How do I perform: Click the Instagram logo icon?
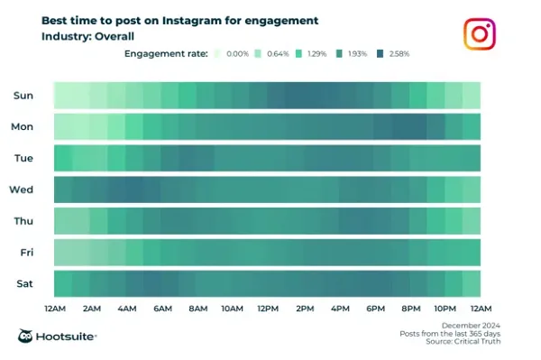pyautogui.click(x=480, y=33)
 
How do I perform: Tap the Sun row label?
pyautogui.click(x=24, y=96)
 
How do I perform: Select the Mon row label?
pyautogui.click(x=23, y=127)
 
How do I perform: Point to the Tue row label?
pyautogui.click(x=24, y=159)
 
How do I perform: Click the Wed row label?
pyautogui.click(x=23, y=189)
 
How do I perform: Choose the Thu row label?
pyautogui.click(x=24, y=221)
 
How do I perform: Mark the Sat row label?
pyautogui.click(x=25, y=283)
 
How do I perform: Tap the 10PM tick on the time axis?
pyautogui.click(x=444, y=309)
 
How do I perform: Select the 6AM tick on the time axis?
pyautogui.click(x=161, y=309)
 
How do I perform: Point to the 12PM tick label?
pyautogui.click(x=267, y=309)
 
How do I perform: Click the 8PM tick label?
pyautogui.click(x=409, y=309)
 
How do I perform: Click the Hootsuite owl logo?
pyautogui.click(x=27, y=337)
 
